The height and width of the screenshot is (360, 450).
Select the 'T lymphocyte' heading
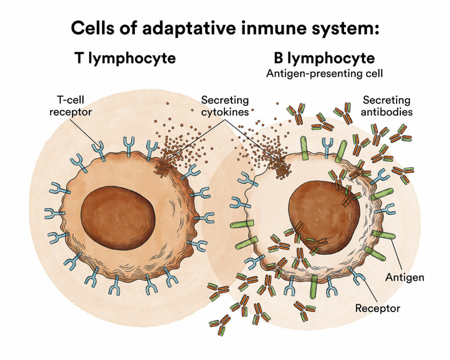point(125,58)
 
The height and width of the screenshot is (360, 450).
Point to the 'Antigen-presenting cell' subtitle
point(324,73)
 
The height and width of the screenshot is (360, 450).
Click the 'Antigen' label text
point(404,277)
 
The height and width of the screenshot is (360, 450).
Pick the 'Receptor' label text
point(378,308)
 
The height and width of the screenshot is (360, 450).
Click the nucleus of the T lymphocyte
point(118,217)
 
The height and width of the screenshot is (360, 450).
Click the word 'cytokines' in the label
point(225,112)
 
